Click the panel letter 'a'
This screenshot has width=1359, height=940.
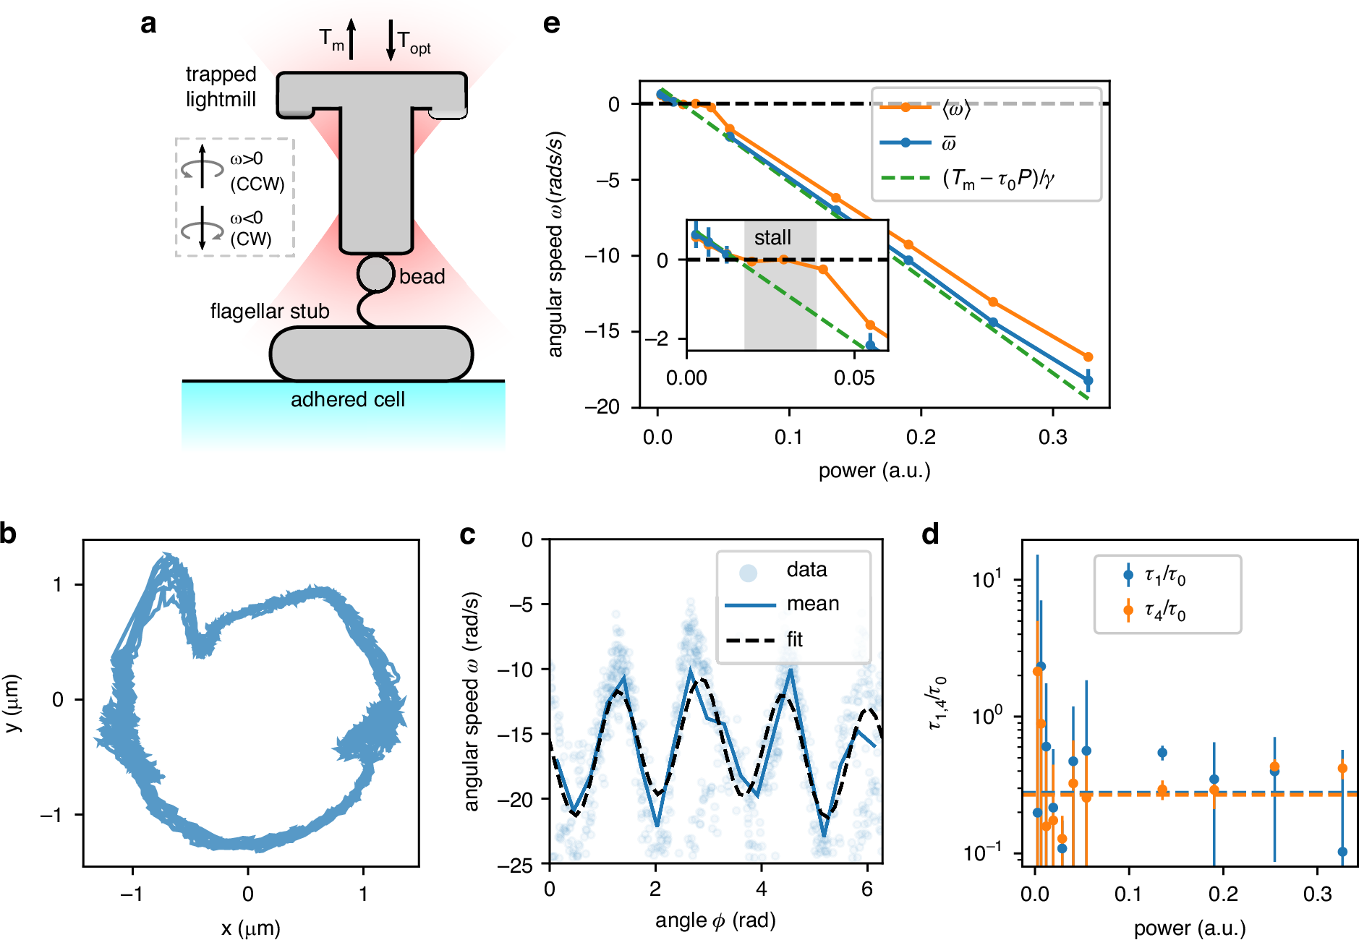tap(148, 24)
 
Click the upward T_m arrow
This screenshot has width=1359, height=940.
tap(351, 39)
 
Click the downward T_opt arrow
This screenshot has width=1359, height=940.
tap(391, 40)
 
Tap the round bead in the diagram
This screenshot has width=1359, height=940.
tap(375, 273)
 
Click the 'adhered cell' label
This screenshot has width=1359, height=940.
tap(347, 400)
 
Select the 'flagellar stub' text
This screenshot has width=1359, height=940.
tap(270, 312)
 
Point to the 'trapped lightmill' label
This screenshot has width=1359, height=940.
tap(221, 87)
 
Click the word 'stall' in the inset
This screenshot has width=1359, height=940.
tap(772, 238)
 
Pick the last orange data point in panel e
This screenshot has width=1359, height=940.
tap(1088, 357)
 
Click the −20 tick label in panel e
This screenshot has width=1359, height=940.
tap(603, 407)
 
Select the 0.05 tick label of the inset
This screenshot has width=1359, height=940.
tap(854, 378)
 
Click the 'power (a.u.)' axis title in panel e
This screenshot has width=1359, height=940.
tap(874, 471)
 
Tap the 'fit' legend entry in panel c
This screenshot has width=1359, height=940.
tap(794, 640)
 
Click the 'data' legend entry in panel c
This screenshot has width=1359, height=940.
tap(806, 570)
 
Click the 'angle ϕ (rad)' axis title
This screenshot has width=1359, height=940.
tap(715, 920)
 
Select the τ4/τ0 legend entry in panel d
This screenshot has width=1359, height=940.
tap(1164, 612)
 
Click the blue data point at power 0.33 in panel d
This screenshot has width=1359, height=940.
tap(1342, 852)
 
